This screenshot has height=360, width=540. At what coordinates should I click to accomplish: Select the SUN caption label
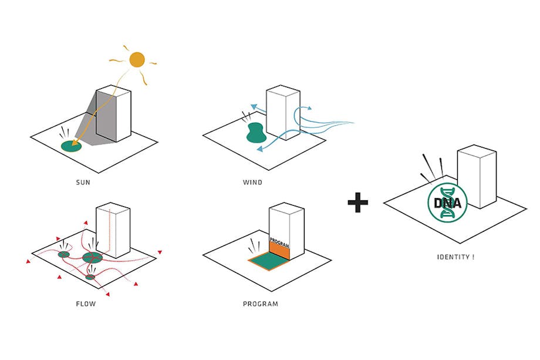[83, 182]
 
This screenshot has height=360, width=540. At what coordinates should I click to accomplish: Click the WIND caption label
[252, 182]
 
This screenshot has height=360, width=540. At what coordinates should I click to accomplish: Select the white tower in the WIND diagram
[283, 112]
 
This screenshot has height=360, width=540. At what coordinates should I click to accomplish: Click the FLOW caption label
[86, 304]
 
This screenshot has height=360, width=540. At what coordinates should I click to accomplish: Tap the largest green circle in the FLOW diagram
[92, 257]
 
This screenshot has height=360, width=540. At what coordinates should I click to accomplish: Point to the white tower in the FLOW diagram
[113, 230]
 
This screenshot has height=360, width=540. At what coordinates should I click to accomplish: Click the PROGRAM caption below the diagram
[261, 304]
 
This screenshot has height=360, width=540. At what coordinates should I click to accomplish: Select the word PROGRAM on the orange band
[279, 241]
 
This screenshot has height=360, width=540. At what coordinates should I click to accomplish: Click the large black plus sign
[357, 203]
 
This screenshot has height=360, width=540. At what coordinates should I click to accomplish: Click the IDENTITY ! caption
[455, 257]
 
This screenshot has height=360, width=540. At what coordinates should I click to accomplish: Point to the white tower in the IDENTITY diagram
[477, 176]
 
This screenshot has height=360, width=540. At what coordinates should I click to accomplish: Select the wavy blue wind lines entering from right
[332, 123]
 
